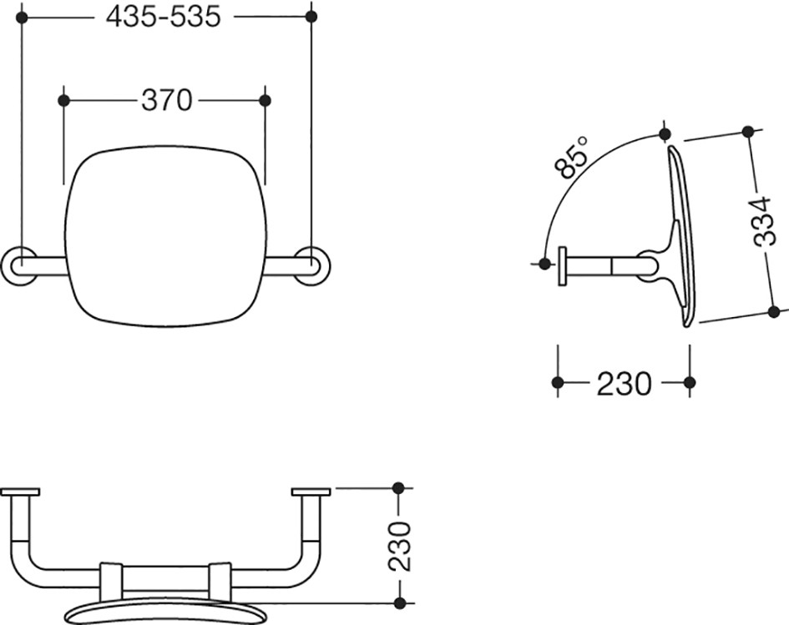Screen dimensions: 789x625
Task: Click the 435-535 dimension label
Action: click(x=164, y=17)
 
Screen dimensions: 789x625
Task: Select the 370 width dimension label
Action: click(x=166, y=100)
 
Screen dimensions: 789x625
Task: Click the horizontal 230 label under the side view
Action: click(x=624, y=384)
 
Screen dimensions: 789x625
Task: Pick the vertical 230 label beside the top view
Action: click(x=400, y=546)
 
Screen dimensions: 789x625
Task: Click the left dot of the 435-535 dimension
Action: click(x=22, y=17)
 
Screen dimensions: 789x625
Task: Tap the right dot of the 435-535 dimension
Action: click(x=311, y=17)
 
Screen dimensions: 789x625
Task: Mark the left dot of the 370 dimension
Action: click(x=64, y=101)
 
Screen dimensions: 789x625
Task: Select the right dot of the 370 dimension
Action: click(x=265, y=101)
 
